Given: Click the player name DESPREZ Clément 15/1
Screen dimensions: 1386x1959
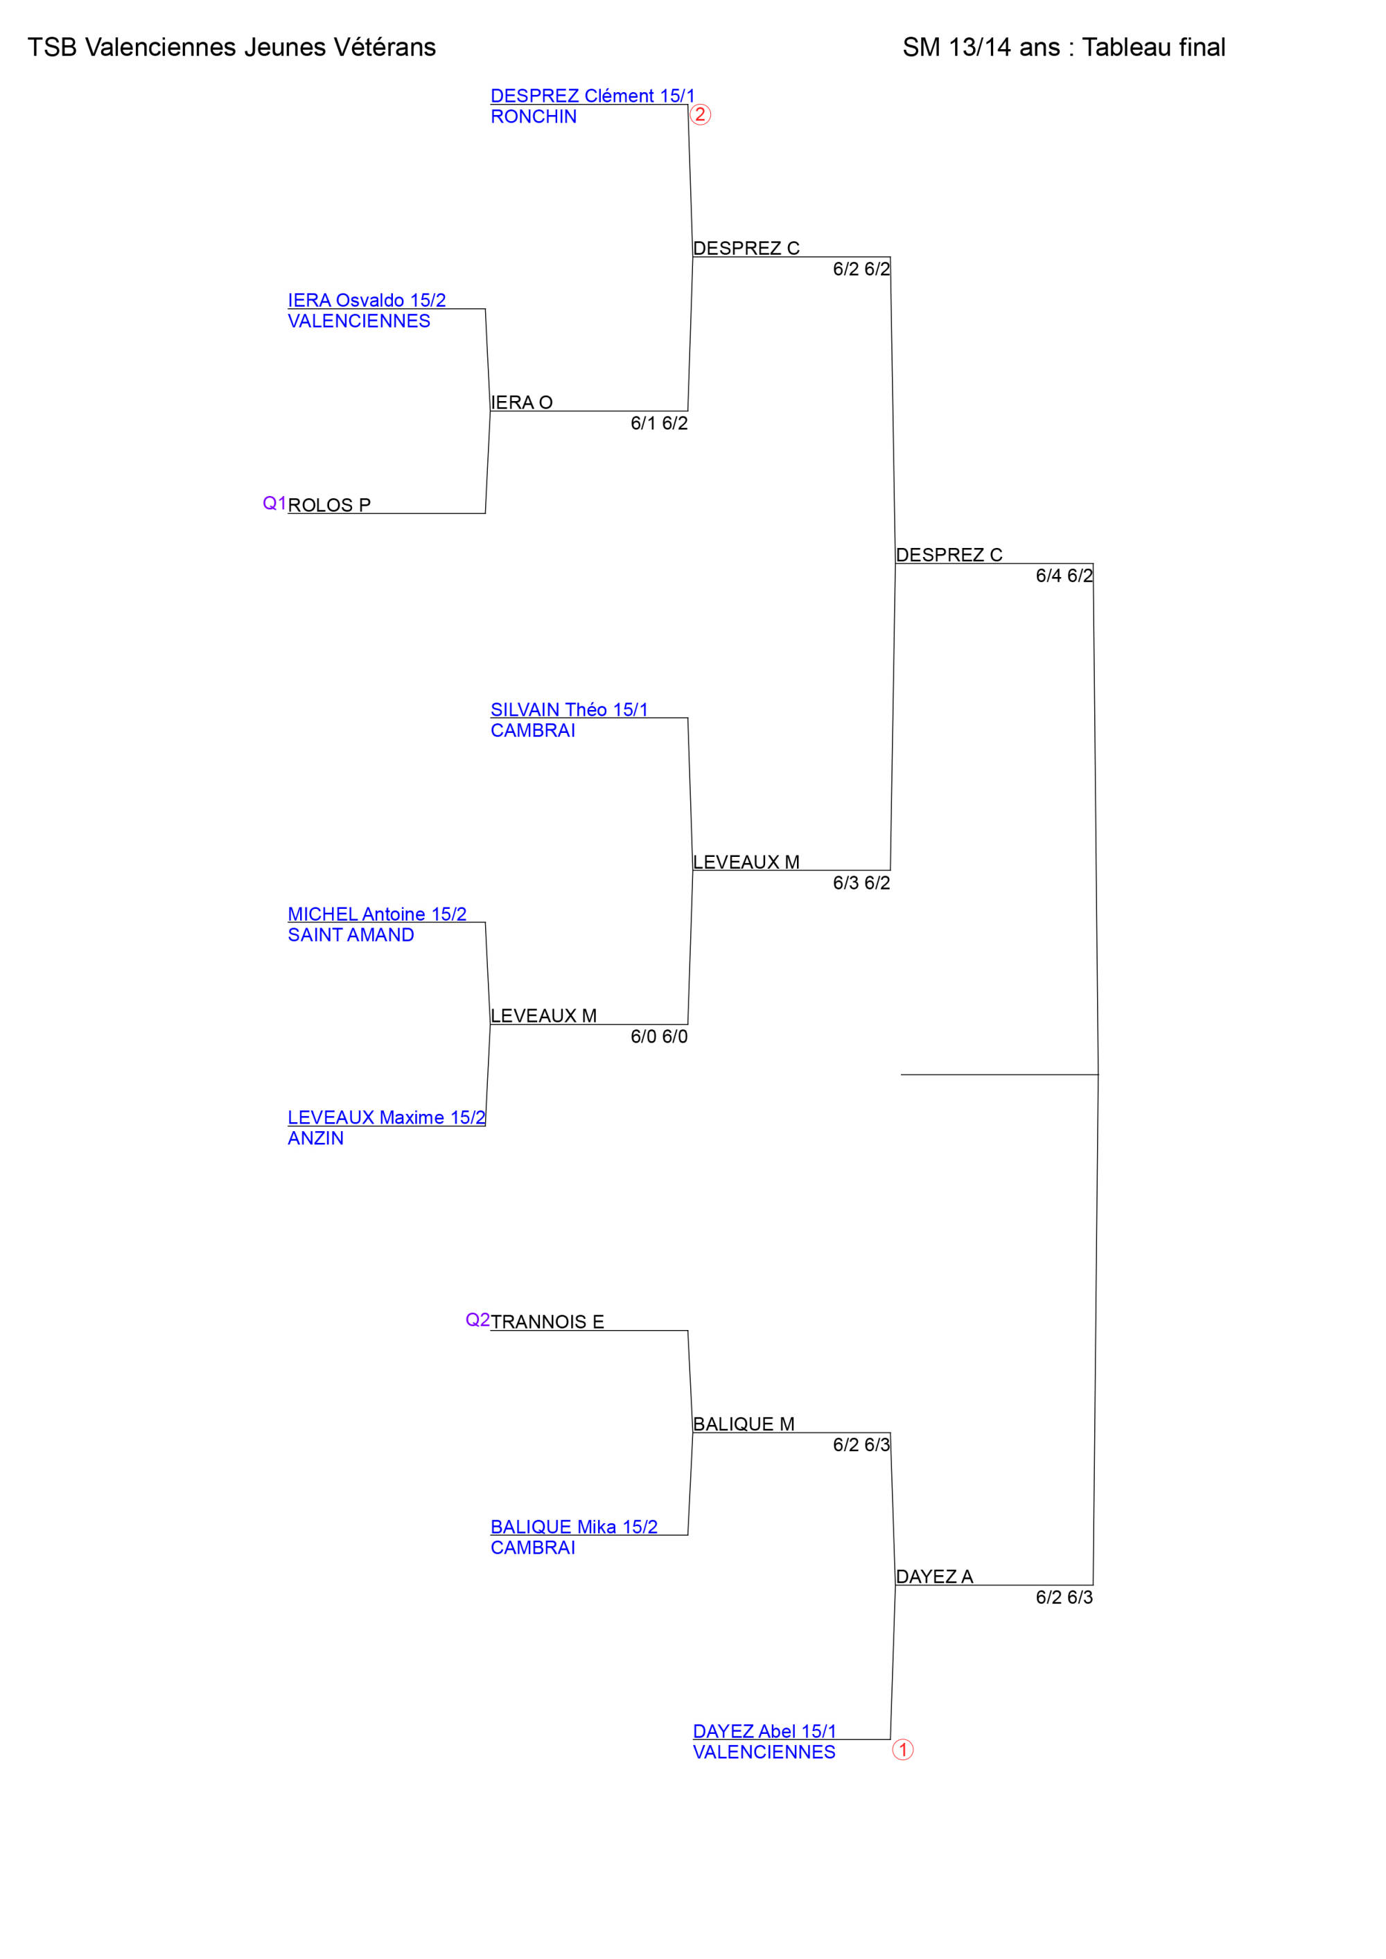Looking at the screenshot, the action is tap(593, 96).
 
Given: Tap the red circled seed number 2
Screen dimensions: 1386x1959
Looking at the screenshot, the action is tap(700, 114).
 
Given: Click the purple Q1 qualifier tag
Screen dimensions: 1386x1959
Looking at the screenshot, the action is tap(274, 504).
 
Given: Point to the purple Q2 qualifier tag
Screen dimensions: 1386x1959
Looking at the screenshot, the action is tap(477, 1320).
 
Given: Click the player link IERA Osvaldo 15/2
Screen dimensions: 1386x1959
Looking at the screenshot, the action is tap(366, 301).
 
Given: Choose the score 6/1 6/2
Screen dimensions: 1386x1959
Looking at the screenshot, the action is tap(659, 423).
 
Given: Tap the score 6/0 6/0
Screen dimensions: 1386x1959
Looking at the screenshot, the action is tap(659, 1037).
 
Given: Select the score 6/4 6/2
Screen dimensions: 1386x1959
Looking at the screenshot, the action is tap(1064, 576).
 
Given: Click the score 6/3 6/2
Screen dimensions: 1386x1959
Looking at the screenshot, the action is tap(861, 883).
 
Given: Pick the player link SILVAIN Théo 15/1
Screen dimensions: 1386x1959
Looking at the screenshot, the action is tap(569, 710).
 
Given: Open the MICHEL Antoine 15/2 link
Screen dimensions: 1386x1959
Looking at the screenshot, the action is tap(376, 914).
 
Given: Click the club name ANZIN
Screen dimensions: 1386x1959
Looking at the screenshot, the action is tap(316, 1138).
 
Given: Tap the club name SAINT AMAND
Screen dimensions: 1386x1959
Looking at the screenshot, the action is tap(351, 935).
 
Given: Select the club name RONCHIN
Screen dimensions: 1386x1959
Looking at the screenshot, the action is tap(534, 117).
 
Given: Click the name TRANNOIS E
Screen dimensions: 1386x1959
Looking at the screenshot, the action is tap(547, 1322).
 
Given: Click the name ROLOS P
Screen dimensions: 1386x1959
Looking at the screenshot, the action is tap(328, 505).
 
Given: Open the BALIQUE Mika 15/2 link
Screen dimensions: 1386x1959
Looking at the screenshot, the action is tap(574, 1527).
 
